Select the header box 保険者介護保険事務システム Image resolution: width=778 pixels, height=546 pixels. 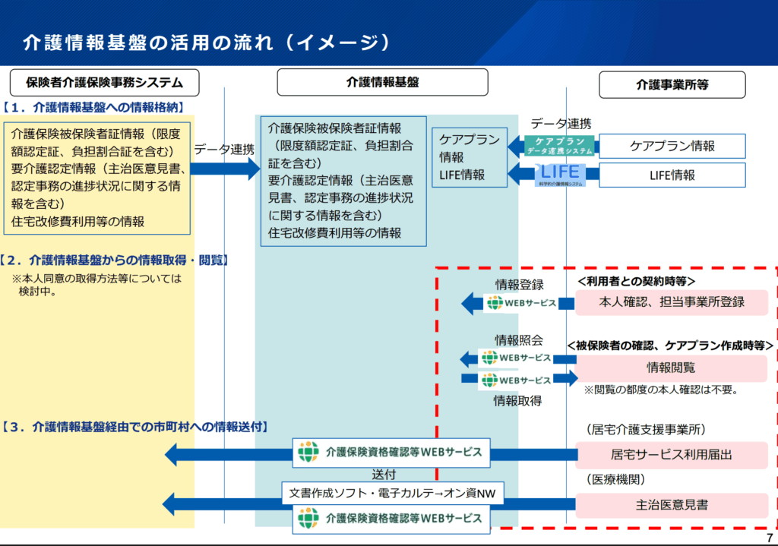click(104, 82)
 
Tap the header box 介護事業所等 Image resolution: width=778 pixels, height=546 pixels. click(672, 84)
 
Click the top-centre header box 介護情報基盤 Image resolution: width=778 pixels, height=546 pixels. click(382, 82)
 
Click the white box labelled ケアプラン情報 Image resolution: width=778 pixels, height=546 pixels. click(672, 146)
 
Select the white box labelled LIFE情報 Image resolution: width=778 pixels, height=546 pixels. click(672, 175)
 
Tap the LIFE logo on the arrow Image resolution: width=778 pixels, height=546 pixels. click(560, 174)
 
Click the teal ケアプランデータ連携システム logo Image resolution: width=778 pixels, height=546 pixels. click(560, 146)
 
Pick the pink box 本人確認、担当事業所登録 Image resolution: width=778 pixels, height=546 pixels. click(672, 301)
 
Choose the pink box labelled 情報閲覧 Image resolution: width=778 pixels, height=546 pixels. click(671, 368)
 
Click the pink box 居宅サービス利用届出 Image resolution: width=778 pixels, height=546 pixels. click(672, 455)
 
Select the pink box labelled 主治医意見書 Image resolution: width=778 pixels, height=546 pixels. click(672, 504)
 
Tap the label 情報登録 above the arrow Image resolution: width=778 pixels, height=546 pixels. click(520, 285)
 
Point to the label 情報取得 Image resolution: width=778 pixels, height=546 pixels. click(517, 400)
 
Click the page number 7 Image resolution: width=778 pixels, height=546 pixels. click(769, 538)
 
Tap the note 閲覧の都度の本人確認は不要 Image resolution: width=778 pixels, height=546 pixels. click(661, 390)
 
